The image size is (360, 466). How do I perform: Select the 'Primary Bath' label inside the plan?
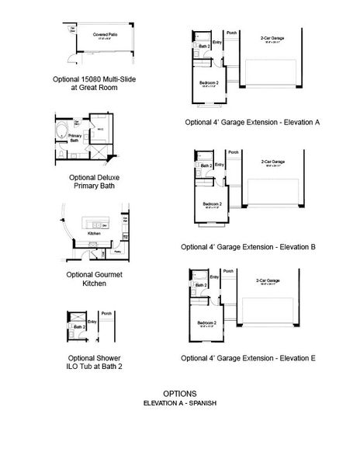tap(74, 140)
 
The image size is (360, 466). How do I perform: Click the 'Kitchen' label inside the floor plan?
tap(94, 233)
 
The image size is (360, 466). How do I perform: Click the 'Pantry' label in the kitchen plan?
tap(117, 252)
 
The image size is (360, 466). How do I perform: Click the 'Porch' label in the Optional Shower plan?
tap(106, 313)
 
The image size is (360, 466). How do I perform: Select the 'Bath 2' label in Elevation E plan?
tap(201, 285)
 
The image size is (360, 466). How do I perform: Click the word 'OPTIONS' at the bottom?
tap(179, 393)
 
